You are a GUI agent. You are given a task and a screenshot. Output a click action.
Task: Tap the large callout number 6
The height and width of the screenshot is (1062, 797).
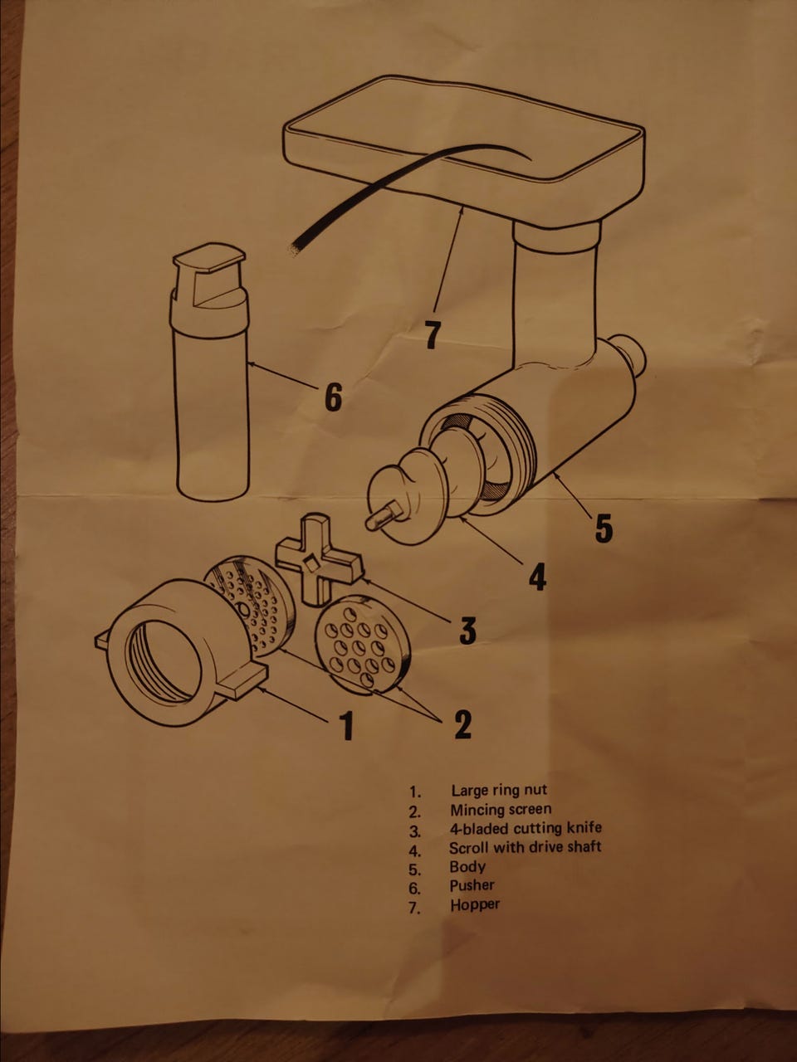pos(333,397)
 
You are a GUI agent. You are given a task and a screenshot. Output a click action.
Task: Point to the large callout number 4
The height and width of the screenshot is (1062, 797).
pos(537,576)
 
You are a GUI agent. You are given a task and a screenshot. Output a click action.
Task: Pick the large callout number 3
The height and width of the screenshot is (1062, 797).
pos(467,629)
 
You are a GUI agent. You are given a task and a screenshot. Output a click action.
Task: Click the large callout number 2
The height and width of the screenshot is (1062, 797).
pos(463,723)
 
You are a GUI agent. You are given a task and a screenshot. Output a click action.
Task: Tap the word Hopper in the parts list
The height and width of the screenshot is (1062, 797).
pos(474,904)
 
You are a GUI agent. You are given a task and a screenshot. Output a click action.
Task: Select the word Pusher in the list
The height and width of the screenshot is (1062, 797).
pos(472,885)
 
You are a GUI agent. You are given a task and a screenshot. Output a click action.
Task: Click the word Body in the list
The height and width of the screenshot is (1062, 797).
pos(467,866)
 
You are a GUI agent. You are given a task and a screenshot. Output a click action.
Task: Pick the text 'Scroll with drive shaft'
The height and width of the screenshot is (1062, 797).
pos(525,847)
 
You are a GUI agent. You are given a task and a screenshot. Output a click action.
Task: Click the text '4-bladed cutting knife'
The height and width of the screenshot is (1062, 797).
pos(526,828)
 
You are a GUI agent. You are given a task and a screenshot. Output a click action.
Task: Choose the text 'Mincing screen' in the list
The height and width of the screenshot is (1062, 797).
pos(501,809)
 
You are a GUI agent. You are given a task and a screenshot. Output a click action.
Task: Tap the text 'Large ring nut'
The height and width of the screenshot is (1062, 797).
pos(499,790)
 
